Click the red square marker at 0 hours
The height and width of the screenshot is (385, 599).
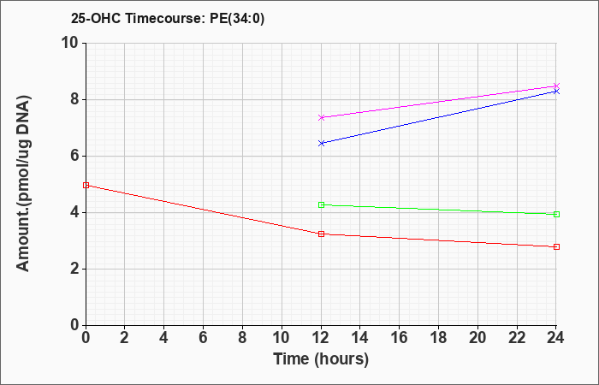[x=86, y=186]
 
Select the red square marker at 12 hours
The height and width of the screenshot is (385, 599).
[x=321, y=234]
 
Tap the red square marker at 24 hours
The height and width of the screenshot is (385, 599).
[x=556, y=246]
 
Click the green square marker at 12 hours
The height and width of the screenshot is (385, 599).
[x=321, y=204]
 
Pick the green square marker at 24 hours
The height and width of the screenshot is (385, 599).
[x=556, y=214]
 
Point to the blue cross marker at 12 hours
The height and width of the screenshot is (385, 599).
[x=321, y=143]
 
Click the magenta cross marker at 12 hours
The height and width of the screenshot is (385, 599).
[x=321, y=117]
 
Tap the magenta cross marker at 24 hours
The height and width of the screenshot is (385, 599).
[x=556, y=86]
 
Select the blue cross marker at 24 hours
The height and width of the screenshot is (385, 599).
[x=556, y=92]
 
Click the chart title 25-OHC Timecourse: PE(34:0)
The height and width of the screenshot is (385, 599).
[x=168, y=18]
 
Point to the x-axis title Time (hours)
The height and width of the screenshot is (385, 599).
[x=321, y=359]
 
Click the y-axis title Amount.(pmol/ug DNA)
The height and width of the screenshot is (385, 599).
[x=23, y=184]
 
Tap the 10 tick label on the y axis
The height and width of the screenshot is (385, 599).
[x=70, y=43]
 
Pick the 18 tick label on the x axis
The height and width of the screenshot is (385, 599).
[x=438, y=338]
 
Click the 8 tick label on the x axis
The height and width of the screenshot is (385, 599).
[x=242, y=338]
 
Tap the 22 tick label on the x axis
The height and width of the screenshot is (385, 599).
[x=517, y=338]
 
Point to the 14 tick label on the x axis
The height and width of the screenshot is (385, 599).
[x=360, y=338]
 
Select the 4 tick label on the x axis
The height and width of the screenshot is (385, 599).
[x=164, y=338]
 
